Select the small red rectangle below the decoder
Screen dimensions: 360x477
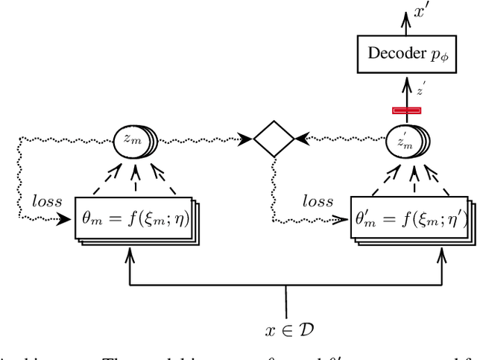[407, 110]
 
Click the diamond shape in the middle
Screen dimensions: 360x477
[274, 138]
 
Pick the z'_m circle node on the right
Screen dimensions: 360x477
[405, 140]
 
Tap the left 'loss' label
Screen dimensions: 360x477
[48, 202]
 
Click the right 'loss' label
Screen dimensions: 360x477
[319, 202]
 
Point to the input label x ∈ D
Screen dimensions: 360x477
[286, 328]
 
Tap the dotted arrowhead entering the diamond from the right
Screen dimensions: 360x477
[300, 139]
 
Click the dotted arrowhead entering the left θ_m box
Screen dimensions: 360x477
[68, 219]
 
